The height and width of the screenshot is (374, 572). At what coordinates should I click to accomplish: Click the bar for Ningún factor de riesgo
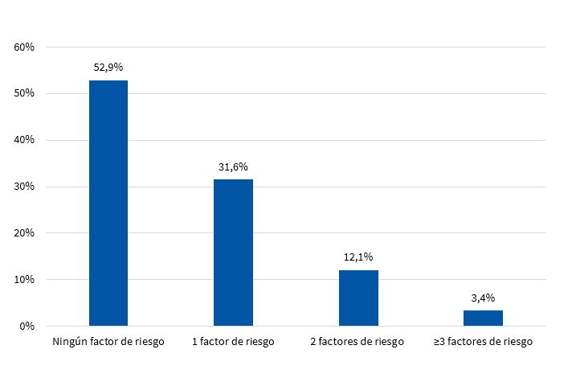pyautogui.click(x=108, y=203)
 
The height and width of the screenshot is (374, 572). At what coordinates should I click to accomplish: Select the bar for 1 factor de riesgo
pyautogui.click(x=233, y=253)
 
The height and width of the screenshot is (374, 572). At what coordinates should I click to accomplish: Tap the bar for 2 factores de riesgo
pyautogui.click(x=358, y=298)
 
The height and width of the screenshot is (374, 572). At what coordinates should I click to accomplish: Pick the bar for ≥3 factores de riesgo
pyautogui.click(x=483, y=319)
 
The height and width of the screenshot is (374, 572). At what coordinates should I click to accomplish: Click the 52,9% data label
pyautogui.click(x=108, y=68)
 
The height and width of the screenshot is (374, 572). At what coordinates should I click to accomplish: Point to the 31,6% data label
pyautogui.click(x=233, y=167)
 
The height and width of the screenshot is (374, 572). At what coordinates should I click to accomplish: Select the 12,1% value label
pyautogui.click(x=358, y=257)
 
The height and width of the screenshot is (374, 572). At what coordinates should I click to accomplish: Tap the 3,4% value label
pyautogui.click(x=483, y=298)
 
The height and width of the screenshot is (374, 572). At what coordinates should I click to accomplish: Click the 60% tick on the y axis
pyautogui.click(x=24, y=47)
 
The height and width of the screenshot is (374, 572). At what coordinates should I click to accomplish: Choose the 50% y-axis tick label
pyautogui.click(x=24, y=94)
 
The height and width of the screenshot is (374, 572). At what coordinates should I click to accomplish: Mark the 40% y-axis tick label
pyautogui.click(x=24, y=141)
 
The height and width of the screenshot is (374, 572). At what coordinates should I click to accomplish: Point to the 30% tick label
pyautogui.click(x=24, y=187)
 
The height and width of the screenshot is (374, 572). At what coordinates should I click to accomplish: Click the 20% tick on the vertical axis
pyautogui.click(x=24, y=233)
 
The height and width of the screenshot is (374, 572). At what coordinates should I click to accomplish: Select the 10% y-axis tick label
pyautogui.click(x=24, y=280)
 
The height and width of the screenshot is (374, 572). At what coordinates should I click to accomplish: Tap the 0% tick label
pyautogui.click(x=27, y=327)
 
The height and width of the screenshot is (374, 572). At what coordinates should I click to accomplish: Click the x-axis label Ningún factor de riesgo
pyautogui.click(x=108, y=342)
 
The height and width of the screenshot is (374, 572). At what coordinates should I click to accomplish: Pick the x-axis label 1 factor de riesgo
pyautogui.click(x=233, y=342)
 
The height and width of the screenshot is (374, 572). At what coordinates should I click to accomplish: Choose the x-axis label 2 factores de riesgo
pyautogui.click(x=358, y=342)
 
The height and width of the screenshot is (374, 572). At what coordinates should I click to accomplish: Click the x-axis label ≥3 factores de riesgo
pyautogui.click(x=483, y=342)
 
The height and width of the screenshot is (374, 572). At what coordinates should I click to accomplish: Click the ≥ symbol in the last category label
pyautogui.click(x=437, y=342)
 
